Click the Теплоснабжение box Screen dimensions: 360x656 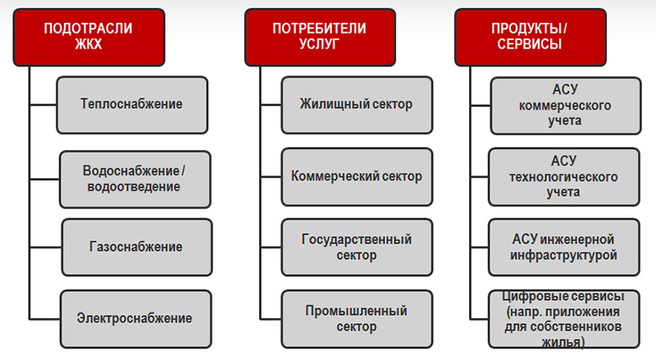[x=132, y=105]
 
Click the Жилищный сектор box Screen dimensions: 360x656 [x=357, y=105]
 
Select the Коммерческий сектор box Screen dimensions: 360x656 [x=357, y=176]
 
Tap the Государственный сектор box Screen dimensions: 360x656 [x=357, y=247]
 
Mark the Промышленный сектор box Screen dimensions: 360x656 [x=357, y=317]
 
